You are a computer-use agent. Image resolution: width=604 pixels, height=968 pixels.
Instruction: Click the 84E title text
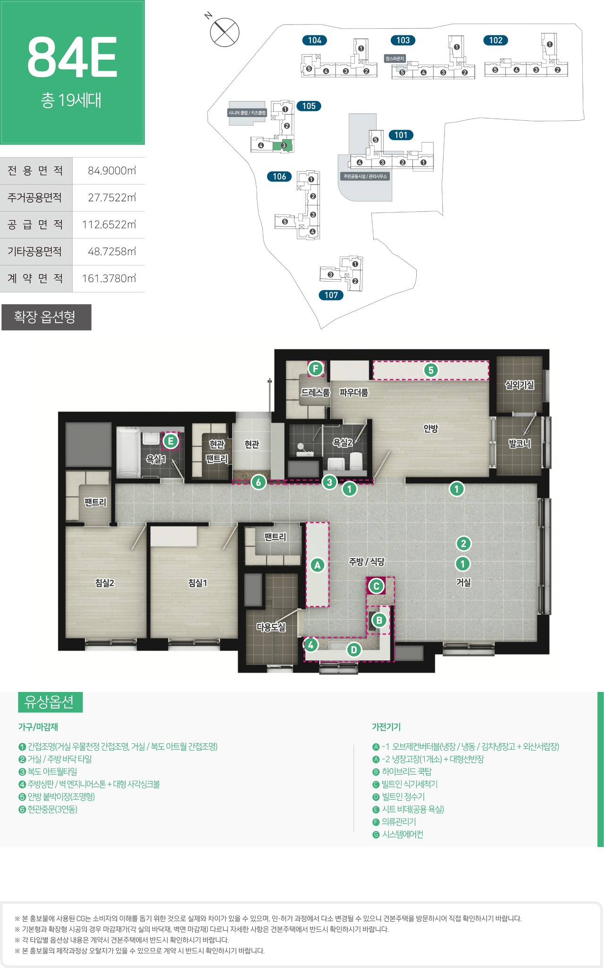pos(72,58)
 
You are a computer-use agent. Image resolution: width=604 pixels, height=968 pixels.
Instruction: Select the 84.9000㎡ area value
pos(112,171)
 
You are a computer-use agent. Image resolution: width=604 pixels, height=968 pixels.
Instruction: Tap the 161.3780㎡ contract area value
pos(109,278)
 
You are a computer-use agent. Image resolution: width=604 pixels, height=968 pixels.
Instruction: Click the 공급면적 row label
pos(35,225)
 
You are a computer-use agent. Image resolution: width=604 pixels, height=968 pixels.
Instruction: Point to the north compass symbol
pos(225,32)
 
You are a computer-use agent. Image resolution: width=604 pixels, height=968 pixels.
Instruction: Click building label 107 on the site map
pos(331,295)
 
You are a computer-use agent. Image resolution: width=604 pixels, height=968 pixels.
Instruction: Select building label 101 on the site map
pos(401,135)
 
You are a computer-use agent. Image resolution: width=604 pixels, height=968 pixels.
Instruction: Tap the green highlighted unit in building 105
pos(283,145)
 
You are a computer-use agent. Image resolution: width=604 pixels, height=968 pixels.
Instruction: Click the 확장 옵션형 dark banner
pos(46,317)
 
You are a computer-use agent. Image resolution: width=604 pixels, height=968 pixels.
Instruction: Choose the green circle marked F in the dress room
pos(315,368)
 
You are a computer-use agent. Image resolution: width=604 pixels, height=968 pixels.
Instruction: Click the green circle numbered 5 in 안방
pos(430,370)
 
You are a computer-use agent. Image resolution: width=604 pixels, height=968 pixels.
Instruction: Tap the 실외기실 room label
pos(520,385)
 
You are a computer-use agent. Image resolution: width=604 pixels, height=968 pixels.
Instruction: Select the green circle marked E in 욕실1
pos(170,441)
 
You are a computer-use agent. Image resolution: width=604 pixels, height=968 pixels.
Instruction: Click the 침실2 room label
pos(105,583)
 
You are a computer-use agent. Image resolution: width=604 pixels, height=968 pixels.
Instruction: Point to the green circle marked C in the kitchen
pos(376,586)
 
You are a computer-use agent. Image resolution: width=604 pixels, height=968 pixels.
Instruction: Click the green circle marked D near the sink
pos(354,650)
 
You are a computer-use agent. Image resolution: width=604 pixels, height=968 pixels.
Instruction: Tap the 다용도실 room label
pos(271,627)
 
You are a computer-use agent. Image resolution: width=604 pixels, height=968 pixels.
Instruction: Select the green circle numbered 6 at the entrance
pos(258,482)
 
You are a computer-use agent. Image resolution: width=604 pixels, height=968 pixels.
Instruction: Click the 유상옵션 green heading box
pos(50,702)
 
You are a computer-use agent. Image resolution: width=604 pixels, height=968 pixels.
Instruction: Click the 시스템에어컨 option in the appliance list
pos(402,834)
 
